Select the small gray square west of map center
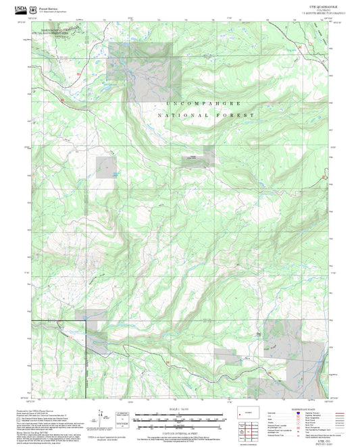tap(107, 167)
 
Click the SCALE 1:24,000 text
tap(179, 410)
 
